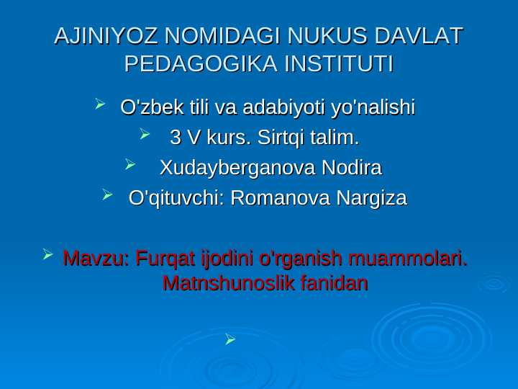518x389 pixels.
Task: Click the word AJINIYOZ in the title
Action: point(105,36)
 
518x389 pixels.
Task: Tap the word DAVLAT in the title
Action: point(419,36)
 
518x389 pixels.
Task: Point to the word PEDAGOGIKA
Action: point(201,63)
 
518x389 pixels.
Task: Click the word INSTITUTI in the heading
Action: point(339,63)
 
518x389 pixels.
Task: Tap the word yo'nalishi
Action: point(373,108)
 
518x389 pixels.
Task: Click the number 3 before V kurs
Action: point(175,138)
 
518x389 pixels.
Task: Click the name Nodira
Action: point(352,167)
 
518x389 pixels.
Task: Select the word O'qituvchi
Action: point(174,199)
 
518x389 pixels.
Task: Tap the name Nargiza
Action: point(372,199)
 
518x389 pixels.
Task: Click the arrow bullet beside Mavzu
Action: point(47,254)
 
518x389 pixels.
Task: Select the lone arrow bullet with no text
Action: point(230,339)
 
